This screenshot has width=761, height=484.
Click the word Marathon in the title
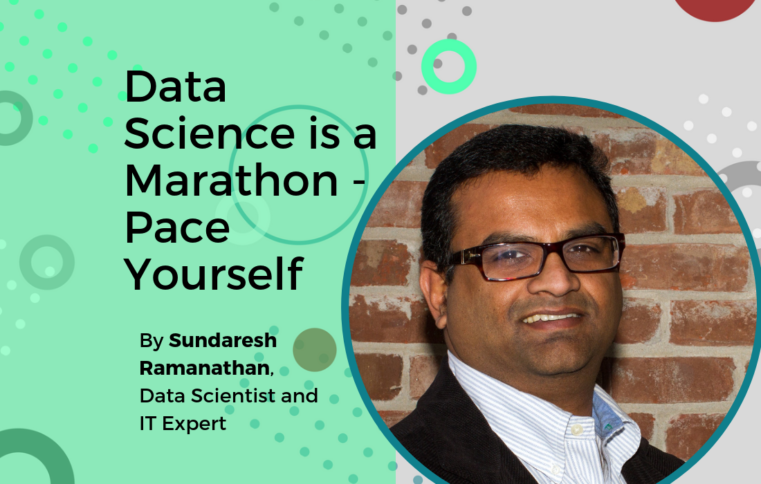pyautogui.click(x=231, y=180)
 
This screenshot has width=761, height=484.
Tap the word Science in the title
pyautogui.click(x=209, y=133)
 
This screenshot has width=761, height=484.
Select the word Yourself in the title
pyautogui.click(x=214, y=274)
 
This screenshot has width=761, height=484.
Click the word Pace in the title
pyautogui.click(x=177, y=228)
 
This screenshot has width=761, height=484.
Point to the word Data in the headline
pyautogui.click(x=175, y=86)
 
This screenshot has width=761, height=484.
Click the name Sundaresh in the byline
pyautogui.click(x=222, y=340)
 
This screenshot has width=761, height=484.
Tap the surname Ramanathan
pyautogui.click(x=205, y=368)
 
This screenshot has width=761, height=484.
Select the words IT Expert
pyautogui.click(x=183, y=424)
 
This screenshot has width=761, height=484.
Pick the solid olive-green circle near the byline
pyautogui.click(x=315, y=350)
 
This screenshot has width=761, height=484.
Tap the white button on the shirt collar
pyautogui.click(x=576, y=429)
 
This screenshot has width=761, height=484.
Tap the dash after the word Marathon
pyautogui.click(x=357, y=183)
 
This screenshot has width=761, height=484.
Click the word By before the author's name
pyautogui.click(x=152, y=341)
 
